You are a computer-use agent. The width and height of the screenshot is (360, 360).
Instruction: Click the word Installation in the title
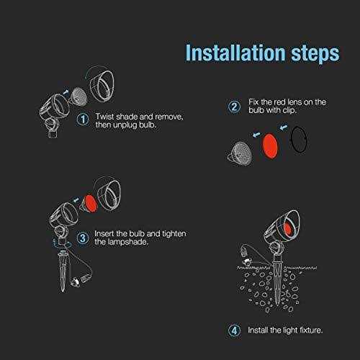(x=235, y=53)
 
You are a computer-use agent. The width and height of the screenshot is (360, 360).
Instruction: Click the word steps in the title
(x=315, y=54)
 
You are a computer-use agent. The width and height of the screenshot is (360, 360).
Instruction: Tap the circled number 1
(x=83, y=120)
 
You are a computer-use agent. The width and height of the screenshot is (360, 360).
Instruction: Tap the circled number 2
(x=234, y=107)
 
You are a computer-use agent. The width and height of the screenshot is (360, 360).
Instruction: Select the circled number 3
(x=83, y=238)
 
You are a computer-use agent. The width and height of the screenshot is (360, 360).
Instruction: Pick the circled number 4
(x=234, y=330)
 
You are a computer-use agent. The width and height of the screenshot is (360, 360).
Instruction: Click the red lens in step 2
(x=270, y=146)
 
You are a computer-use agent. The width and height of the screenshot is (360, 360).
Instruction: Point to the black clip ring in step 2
(x=299, y=139)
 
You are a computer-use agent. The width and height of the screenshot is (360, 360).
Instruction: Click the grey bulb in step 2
(x=240, y=153)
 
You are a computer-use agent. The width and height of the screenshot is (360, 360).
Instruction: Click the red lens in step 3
(x=90, y=204)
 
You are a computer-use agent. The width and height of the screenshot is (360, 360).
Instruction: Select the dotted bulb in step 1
(x=77, y=96)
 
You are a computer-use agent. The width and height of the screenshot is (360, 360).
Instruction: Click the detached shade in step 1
(x=102, y=86)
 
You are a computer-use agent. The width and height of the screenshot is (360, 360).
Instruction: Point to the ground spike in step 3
(x=62, y=271)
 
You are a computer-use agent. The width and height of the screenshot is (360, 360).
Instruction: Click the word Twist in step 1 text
(x=104, y=117)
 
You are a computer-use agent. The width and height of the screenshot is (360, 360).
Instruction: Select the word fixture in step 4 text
(x=311, y=330)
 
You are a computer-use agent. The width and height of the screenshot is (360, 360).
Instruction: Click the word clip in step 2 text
(x=289, y=110)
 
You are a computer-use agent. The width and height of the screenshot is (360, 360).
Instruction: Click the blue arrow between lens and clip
(x=284, y=127)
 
